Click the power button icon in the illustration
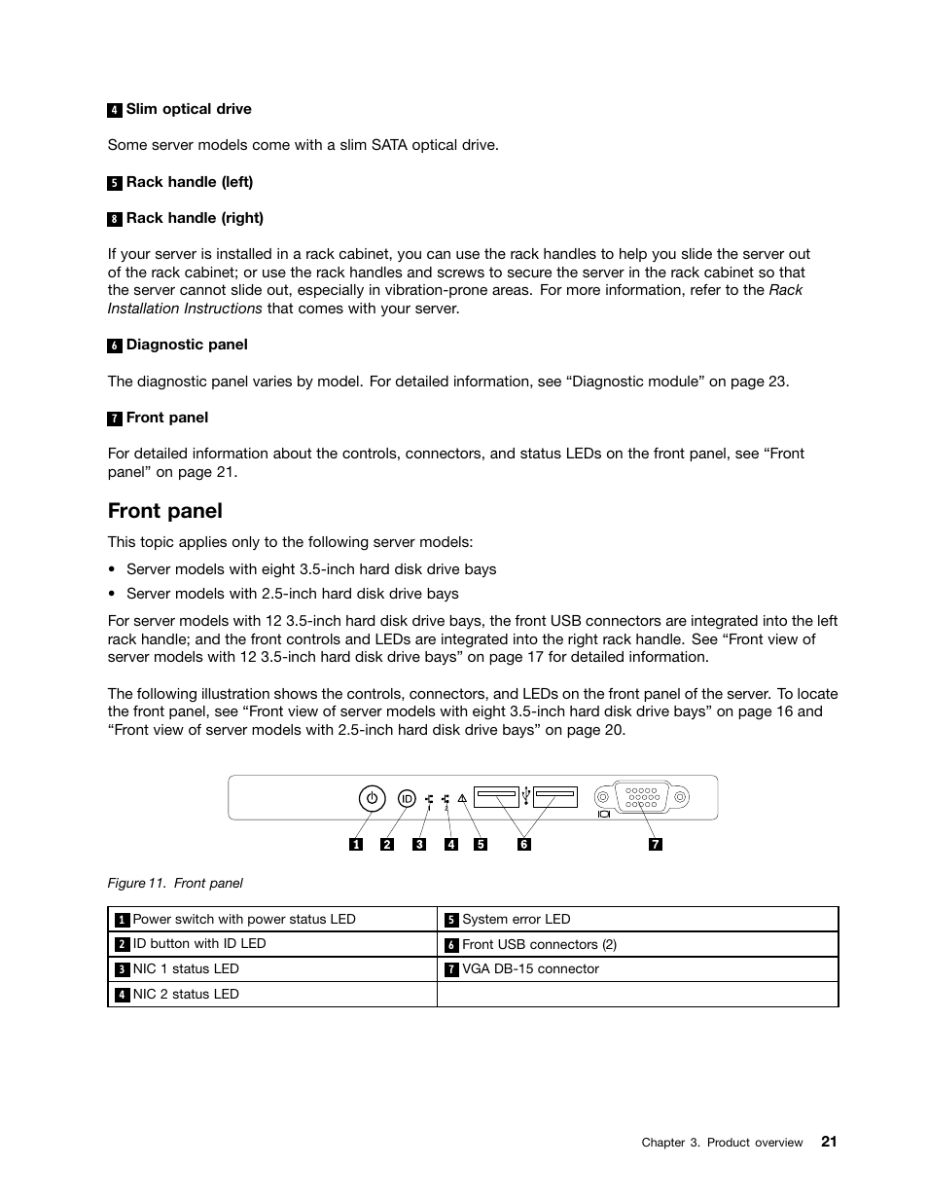pos(372,799)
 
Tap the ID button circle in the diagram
pos(407,799)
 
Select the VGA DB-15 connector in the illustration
pos(640,797)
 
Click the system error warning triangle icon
pos(463,799)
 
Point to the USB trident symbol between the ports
pos(526,796)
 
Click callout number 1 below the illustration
pos(356,844)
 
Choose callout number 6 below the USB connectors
pos(523,844)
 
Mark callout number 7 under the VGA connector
pos(655,844)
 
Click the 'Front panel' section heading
pos(165,511)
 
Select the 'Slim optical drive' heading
pos(188,109)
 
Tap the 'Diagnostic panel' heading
pos(186,345)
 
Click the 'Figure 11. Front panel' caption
pos(175,883)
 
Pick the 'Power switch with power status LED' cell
pos(243,920)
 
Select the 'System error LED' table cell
pos(516,920)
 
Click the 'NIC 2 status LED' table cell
pos(185,995)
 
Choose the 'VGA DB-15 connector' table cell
pos(530,969)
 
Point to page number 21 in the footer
pos(828,1142)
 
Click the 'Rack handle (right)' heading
pos(195,218)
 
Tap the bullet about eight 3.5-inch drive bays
pos(310,569)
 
